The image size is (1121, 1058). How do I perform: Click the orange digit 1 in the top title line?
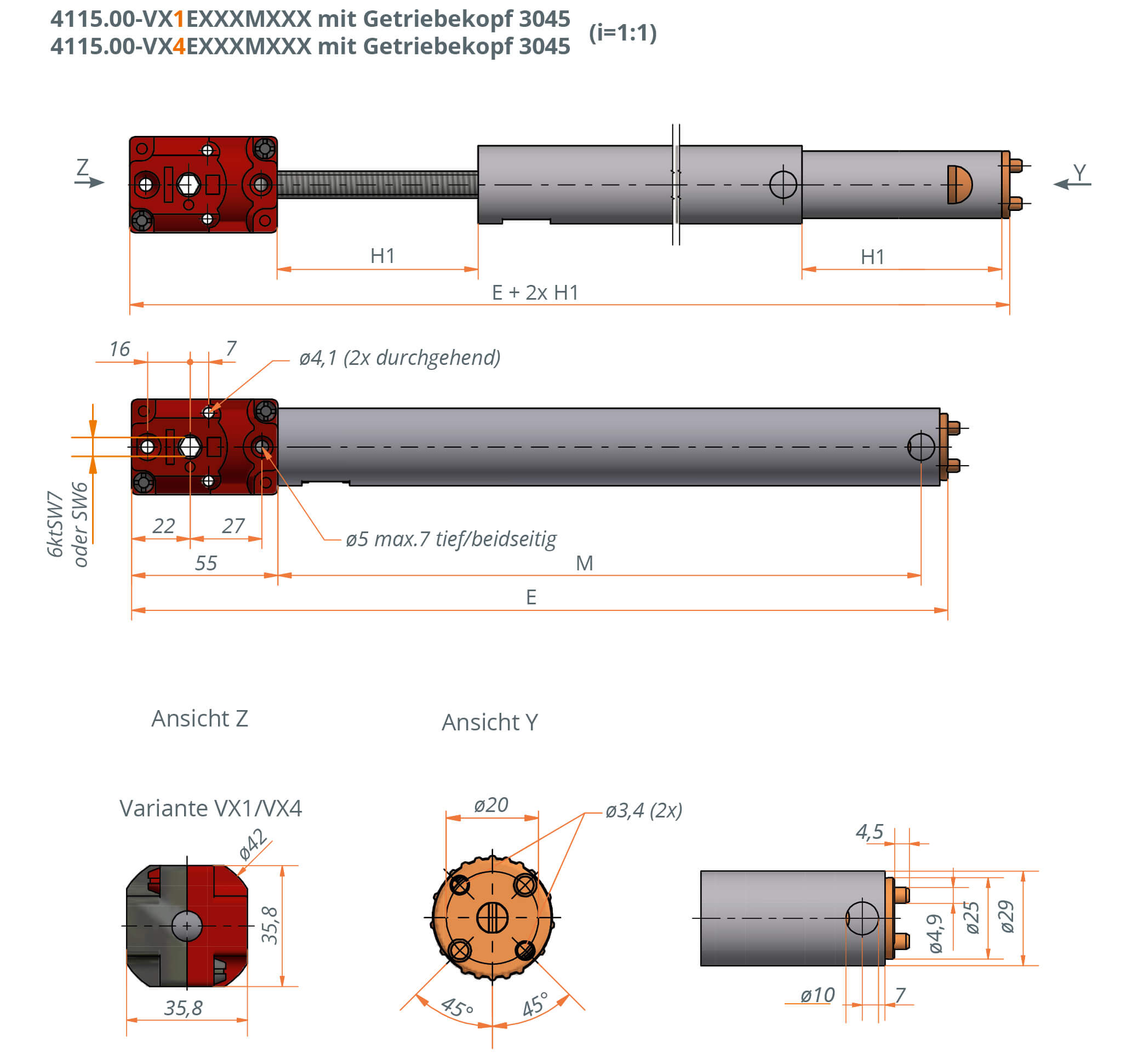point(179,19)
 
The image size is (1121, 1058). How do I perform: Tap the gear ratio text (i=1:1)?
point(622,33)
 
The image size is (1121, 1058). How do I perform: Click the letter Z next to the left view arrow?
point(82,167)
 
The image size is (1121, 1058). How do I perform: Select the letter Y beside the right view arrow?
point(1079,172)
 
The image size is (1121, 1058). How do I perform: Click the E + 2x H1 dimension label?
point(535,293)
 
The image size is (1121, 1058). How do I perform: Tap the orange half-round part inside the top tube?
point(959,185)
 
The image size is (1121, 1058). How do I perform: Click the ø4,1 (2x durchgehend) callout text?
point(399,358)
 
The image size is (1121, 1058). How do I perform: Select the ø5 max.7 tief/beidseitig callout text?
point(450,539)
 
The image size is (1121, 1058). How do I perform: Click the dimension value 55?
point(206,563)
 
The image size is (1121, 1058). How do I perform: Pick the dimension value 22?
point(163,525)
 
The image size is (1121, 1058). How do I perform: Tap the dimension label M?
point(584,563)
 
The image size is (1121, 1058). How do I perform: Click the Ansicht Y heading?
point(489,723)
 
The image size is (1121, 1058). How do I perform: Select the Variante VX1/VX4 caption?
point(210,808)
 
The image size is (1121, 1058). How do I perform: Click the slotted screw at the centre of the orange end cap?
point(491,918)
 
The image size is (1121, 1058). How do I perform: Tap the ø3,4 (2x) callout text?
point(643,810)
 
